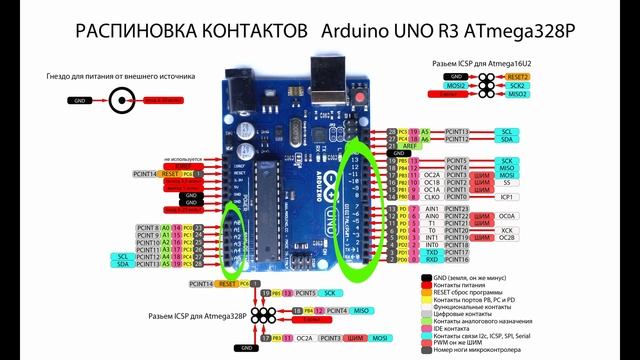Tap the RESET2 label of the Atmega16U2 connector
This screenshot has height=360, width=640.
tap(517, 76)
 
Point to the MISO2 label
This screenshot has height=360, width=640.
tap(517, 95)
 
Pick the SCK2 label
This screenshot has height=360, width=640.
tap(517, 86)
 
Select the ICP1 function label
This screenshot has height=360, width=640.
tap(506, 197)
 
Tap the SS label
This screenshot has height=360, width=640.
tap(506, 183)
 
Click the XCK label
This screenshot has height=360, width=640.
tap(507, 230)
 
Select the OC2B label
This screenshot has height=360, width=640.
tap(507, 238)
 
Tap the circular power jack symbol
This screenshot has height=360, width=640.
tap(124, 100)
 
